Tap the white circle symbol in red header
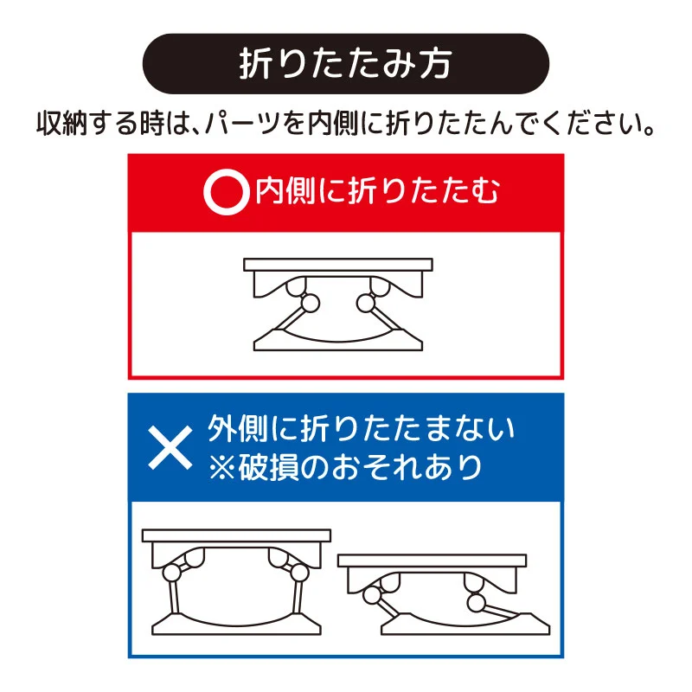coord(223,192)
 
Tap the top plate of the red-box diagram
coord(338,264)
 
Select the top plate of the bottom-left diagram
coord(236,535)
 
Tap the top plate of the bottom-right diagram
coord(432,561)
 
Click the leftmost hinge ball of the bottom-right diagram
coord(373,596)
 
